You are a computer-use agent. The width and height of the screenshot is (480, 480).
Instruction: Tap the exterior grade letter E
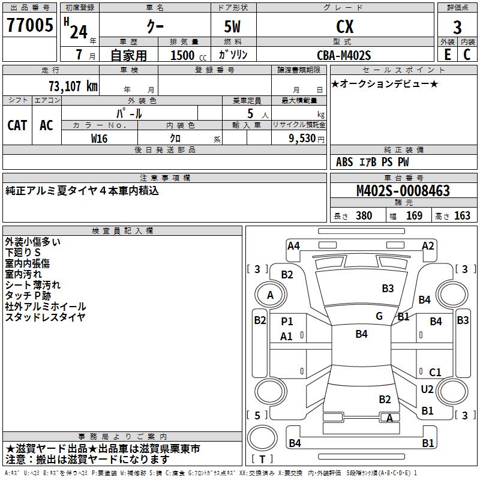pyautogui.click(x=447, y=54)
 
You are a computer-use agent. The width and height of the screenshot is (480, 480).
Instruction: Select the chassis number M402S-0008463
pyautogui.click(x=403, y=191)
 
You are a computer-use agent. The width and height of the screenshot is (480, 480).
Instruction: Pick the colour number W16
pyautogui.click(x=100, y=137)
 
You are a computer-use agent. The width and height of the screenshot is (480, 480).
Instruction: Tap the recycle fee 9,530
pyautogui.click(x=302, y=138)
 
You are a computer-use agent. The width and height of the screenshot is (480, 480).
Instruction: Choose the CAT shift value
pyautogui.click(x=17, y=125)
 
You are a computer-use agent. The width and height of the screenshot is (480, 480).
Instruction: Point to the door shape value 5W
pyautogui.click(x=233, y=26)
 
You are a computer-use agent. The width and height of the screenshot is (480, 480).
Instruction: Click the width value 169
pyautogui.click(x=414, y=215)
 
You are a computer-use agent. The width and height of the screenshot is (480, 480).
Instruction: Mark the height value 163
pyautogui.click(x=462, y=215)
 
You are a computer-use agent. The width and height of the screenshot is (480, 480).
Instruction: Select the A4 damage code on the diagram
pyautogui.click(x=293, y=245)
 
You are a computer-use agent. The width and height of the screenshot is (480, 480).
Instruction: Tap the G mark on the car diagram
pyautogui.click(x=379, y=316)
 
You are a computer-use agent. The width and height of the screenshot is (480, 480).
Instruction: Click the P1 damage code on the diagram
pyautogui.click(x=287, y=322)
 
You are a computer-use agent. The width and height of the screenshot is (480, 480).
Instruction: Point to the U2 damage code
pyautogui.click(x=427, y=389)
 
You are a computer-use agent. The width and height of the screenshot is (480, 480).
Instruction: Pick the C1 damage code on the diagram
pyautogui.click(x=435, y=373)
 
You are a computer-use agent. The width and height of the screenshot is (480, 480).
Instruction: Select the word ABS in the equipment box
pyautogui.click(x=344, y=162)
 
